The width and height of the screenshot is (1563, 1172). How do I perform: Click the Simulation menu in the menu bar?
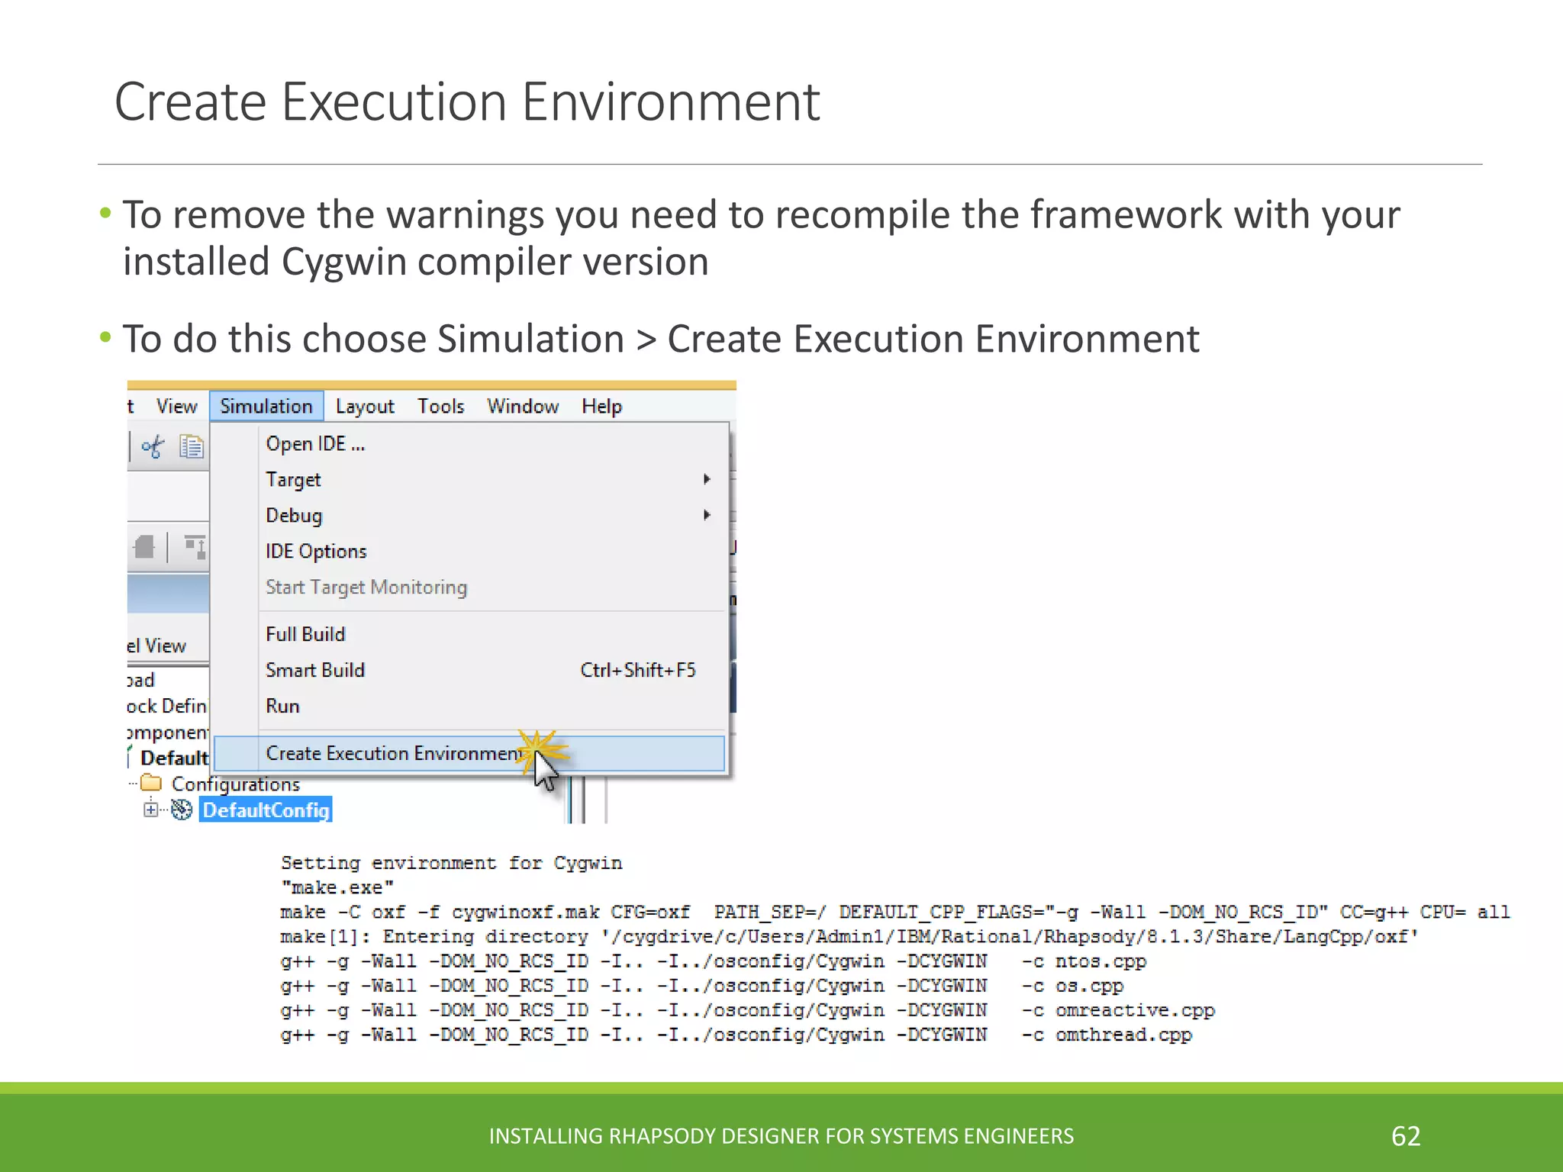(266, 406)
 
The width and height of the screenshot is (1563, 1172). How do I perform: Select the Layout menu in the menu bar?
(365, 406)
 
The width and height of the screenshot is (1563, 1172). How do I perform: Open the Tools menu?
(440, 406)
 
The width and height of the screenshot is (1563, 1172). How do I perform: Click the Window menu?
(523, 406)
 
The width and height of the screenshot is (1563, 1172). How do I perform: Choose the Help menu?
(601, 406)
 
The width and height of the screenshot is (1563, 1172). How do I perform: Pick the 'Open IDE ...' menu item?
(315, 443)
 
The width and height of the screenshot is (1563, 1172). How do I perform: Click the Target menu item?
(293, 479)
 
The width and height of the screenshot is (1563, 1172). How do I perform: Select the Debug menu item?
(294, 515)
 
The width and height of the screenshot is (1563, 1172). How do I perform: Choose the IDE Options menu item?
(316, 551)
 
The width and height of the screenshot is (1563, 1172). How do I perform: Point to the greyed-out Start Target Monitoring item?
(366, 587)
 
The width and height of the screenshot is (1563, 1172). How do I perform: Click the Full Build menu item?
(305, 634)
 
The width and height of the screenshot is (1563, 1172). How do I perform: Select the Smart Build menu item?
(315, 670)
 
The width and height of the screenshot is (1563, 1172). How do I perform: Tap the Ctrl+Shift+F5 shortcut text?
(638, 670)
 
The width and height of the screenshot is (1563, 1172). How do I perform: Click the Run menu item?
(282, 706)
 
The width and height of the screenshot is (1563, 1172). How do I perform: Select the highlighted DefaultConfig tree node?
(266, 810)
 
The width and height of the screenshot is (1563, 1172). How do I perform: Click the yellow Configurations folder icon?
(152, 783)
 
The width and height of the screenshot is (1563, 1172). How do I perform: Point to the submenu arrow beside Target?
(707, 479)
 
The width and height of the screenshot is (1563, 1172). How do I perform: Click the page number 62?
(1406, 1136)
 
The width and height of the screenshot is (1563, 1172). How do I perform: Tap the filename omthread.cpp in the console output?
(1123, 1035)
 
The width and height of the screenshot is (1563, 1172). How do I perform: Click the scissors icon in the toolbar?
(153, 446)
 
